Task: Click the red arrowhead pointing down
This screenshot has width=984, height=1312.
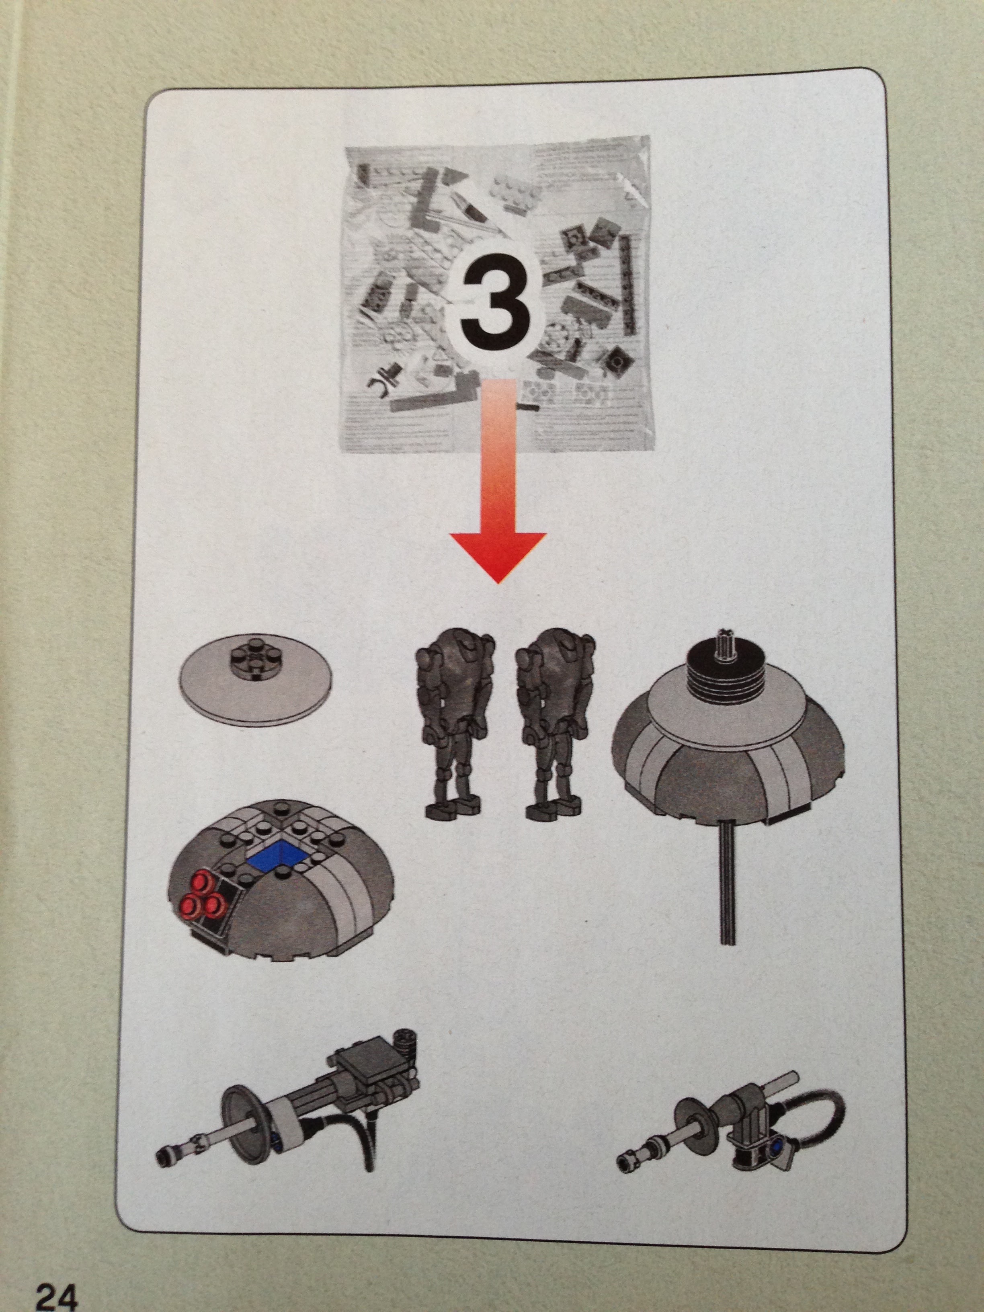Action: click(x=497, y=556)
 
